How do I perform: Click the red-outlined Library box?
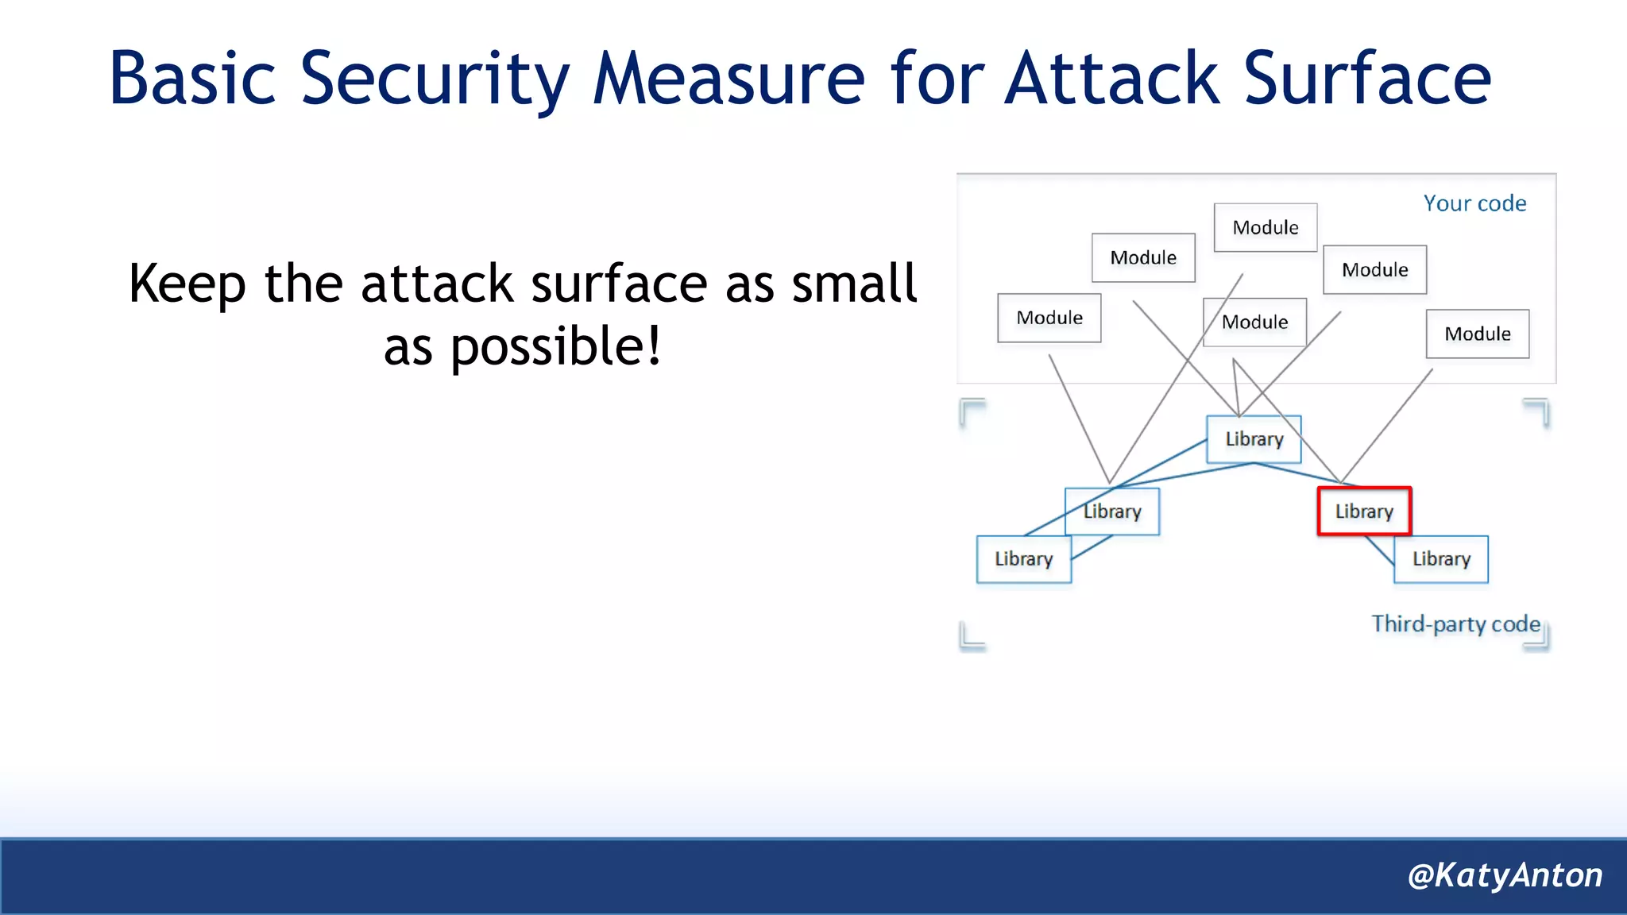pyautogui.click(x=1364, y=511)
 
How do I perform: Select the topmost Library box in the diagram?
pyautogui.click(x=1254, y=438)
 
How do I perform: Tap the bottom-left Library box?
pyautogui.click(x=1023, y=559)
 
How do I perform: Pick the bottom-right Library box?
pyautogui.click(x=1441, y=559)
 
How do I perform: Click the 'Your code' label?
pyautogui.click(x=1474, y=203)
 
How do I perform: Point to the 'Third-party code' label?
pyautogui.click(x=1455, y=624)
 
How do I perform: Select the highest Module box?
pyautogui.click(x=1265, y=227)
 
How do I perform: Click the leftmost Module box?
pyautogui.click(x=1049, y=318)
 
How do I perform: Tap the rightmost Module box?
pyautogui.click(x=1477, y=334)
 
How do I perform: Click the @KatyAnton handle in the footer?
pyautogui.click(x=1505, y=875)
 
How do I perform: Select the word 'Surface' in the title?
pyautogui.click(x=1366, y=79)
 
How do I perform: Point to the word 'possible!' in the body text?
pyautogui.click(x=555, y=347)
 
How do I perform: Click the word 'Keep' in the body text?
pyautogui.click(x=187, y=284)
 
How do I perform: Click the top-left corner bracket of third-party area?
pyautogui.click(x=972, y=411)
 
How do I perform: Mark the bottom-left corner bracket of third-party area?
pyautogui.click(x=972, y=636)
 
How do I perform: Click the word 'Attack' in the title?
pyautogui.click(x=1111, y=79)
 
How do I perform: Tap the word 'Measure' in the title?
pyautogui.click(x=728, y=79)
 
